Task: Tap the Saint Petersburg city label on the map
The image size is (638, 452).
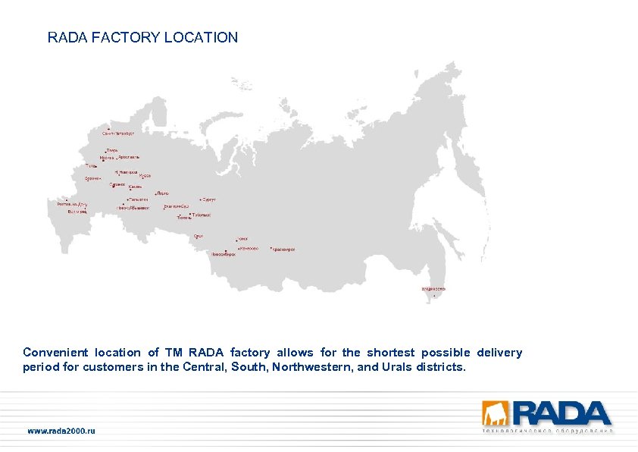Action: click(x=118, y=133)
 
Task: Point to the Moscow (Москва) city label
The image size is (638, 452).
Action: click(x=107, y=158)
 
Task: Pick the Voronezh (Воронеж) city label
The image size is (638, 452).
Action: click(x=92, y=178)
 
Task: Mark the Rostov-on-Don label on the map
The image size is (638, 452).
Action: click(x=73, y=203)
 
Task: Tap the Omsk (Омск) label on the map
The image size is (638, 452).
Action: click(x=199, y=236)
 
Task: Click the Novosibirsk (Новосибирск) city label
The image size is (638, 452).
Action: click(x=224, y=254)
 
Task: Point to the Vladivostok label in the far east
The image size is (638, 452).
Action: click(x=433, y=289)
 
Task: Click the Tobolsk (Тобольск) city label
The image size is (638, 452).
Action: click(x=202, y=215)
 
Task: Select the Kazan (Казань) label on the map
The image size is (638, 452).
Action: click(x=135, y=187)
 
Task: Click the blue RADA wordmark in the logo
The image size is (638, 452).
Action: click(x=561, y=413)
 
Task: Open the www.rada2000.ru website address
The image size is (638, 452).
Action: click(x=61, y=431)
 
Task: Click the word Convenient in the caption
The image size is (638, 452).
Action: click(x=55, y=353)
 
